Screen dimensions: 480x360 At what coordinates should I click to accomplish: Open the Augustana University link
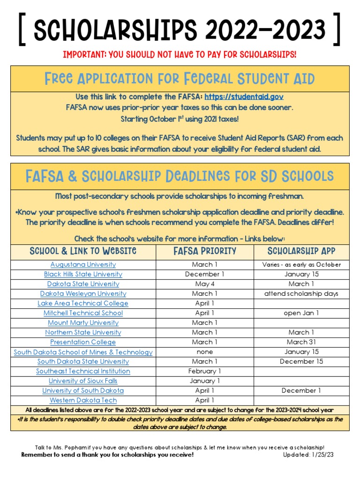coord(83,264)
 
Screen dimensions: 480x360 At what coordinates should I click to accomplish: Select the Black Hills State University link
coord(83,274)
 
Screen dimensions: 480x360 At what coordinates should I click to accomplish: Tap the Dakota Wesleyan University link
coord(83,293)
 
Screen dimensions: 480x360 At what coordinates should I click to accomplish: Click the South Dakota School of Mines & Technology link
coord(83,352)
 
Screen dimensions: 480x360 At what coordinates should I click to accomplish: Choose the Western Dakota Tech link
coord(83,400)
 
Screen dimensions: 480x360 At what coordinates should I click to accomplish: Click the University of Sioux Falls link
coord(83,381)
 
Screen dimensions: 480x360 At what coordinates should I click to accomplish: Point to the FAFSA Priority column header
coord(204,251)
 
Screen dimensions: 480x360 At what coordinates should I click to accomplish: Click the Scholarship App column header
coord(301,251)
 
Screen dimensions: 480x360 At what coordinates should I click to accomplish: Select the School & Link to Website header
coord(83,251)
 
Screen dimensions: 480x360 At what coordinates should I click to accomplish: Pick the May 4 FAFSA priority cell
coord(204,284)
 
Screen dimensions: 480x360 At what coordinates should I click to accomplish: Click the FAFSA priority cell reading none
coord(204,352)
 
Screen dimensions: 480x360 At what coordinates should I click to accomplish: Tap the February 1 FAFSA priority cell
coord(204,371)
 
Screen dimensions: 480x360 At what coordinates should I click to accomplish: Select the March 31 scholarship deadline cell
coord(301,342)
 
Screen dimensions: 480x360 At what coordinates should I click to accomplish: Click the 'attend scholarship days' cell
coord(301,294)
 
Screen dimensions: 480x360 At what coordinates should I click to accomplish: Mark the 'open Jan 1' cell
coord(301,313)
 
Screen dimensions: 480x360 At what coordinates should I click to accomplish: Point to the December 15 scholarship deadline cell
coord(301,361)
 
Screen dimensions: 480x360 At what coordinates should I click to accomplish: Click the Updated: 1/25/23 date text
coord(308,455)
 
